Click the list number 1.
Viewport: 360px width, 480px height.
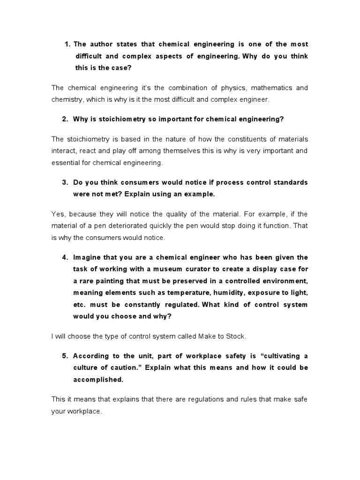66,44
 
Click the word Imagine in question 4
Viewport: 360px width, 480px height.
87,257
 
